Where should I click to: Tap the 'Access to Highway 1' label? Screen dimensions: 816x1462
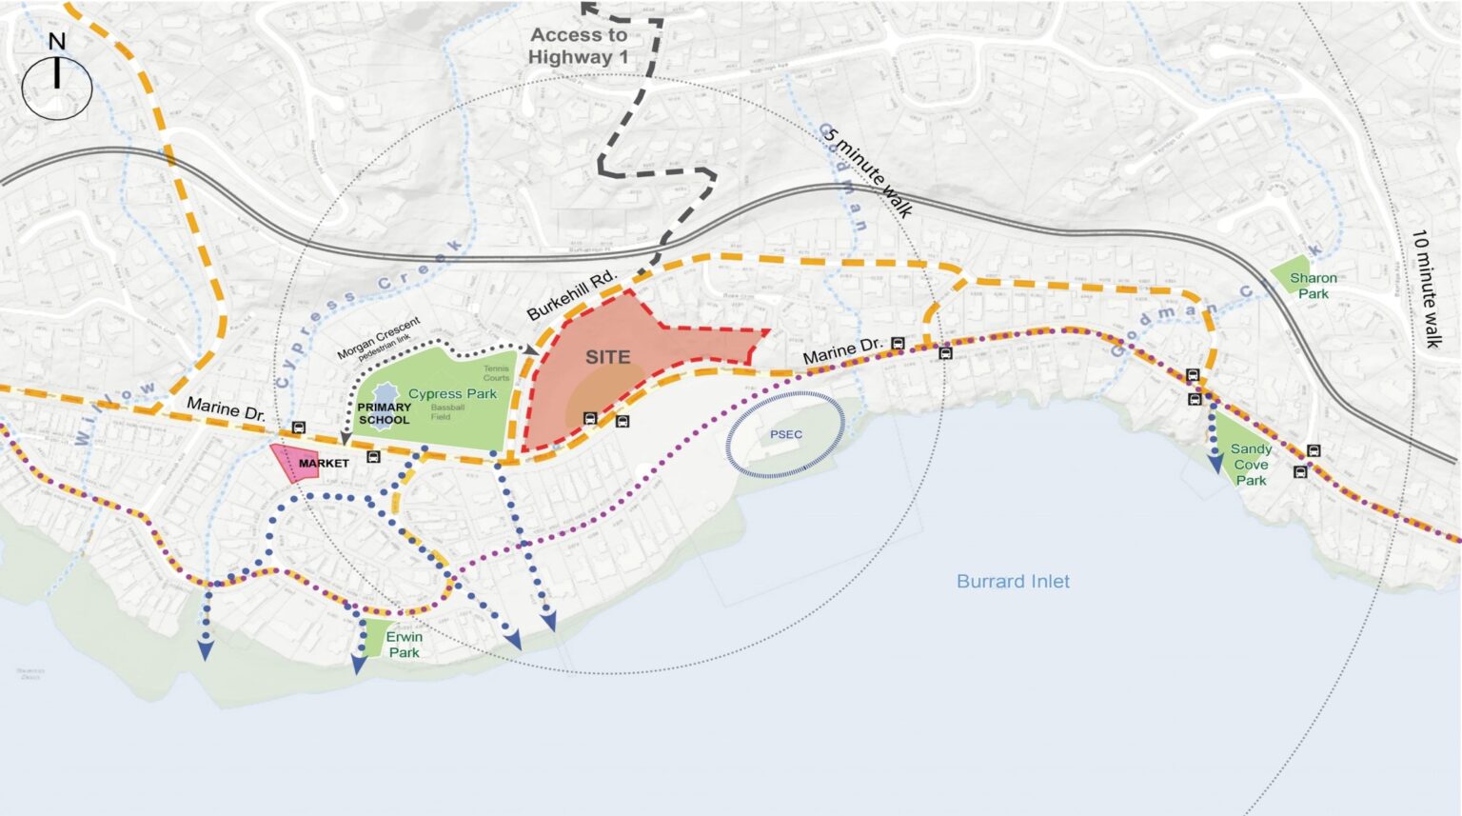pyautogui.click(x=579, y=46)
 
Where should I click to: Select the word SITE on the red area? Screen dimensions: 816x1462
pyautogui.click(x=607, y=357)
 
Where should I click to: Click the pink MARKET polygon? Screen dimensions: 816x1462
pyautogui.click(x=289, y=462)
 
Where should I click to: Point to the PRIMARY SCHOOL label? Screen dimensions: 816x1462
pyautogui.click(x=385, y=413)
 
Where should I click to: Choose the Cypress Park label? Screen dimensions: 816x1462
pyautogui.click(x=452, y=393)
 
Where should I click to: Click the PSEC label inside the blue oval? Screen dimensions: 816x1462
pyautogui.click(x=786, y=434)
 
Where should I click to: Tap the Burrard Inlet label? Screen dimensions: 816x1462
pyautogui.click(x=1013, y=581)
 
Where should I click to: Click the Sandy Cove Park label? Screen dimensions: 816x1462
pyautogui.click(x=1251, y=464)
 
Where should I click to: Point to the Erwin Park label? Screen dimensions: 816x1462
pyautogui.click(x=404, y=645)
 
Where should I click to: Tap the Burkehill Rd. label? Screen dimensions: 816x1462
pyautogui.click(x=571, y=295)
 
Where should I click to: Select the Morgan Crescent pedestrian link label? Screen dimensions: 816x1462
pyautogui.click(x=379, y=339)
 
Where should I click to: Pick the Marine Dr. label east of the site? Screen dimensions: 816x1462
pyautogui.click(x=842, y=350)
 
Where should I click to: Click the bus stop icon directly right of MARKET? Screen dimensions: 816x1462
pyautogui.click(x=373, y=457)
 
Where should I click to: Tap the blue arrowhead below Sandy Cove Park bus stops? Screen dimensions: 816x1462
pyautogui.click(x=1215, y=464)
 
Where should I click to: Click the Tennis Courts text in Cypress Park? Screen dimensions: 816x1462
pyautogui.click(x=496, y=373)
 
